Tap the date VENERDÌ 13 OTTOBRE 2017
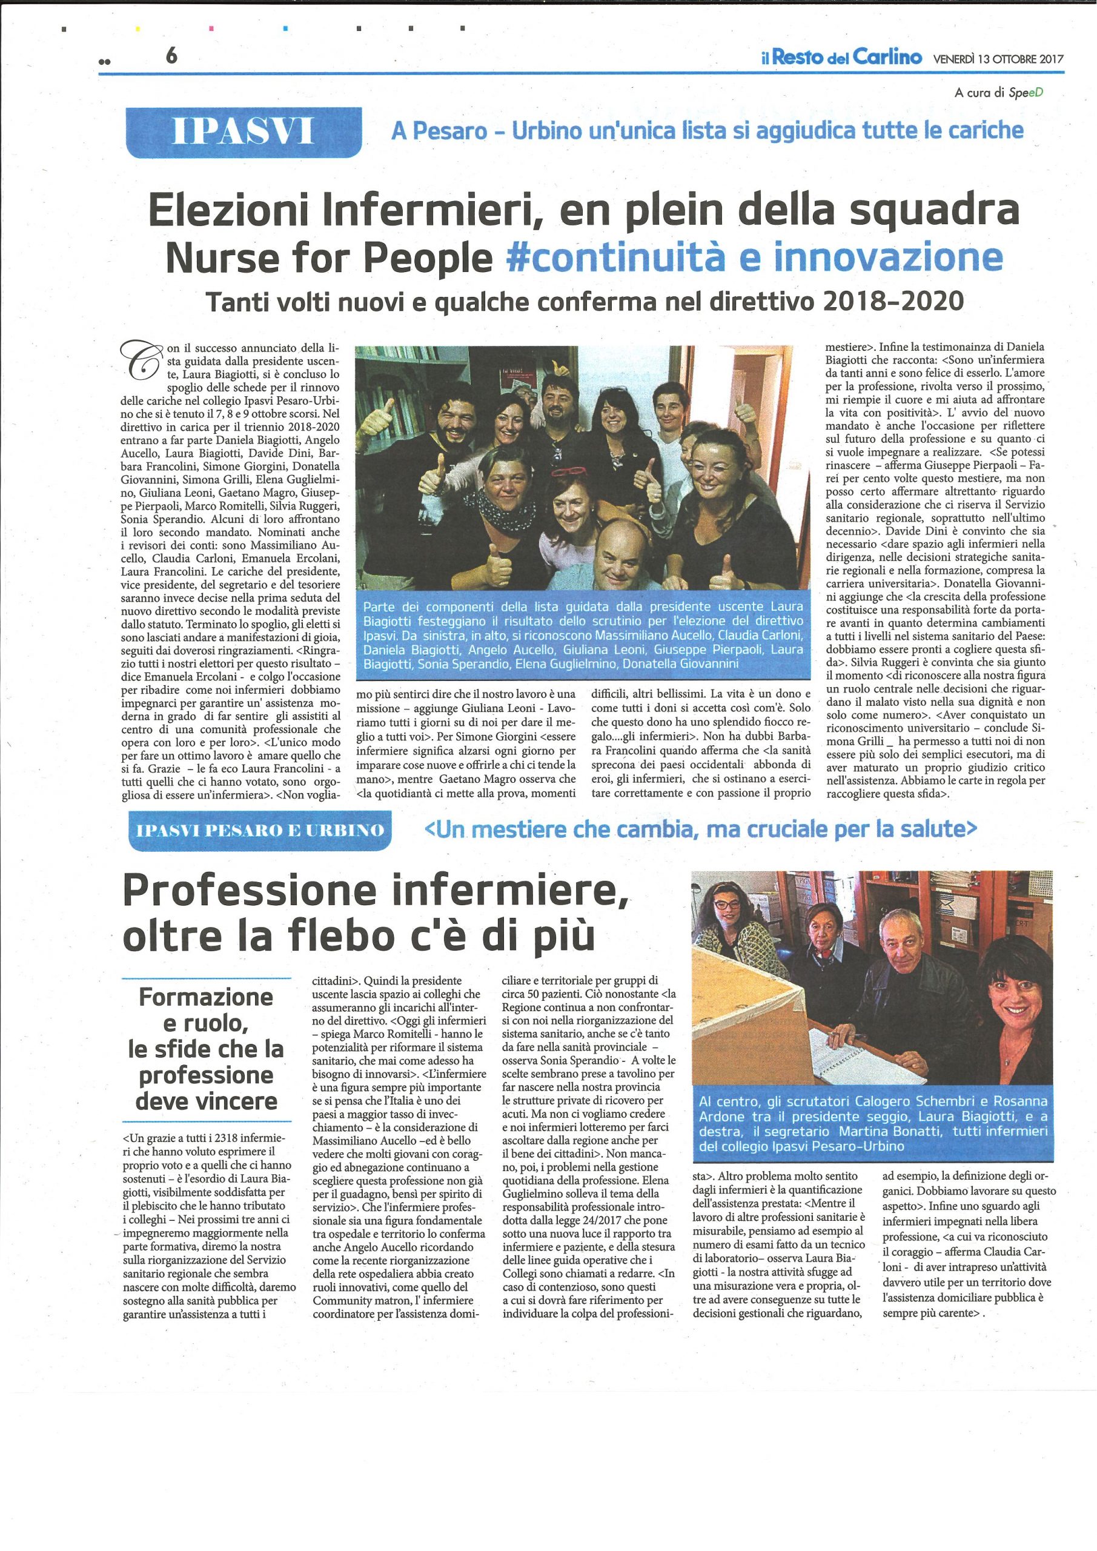pyautogui.click(x=998, y=59)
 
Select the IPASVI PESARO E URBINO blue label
pyautogui.click(x=259, y=830)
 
